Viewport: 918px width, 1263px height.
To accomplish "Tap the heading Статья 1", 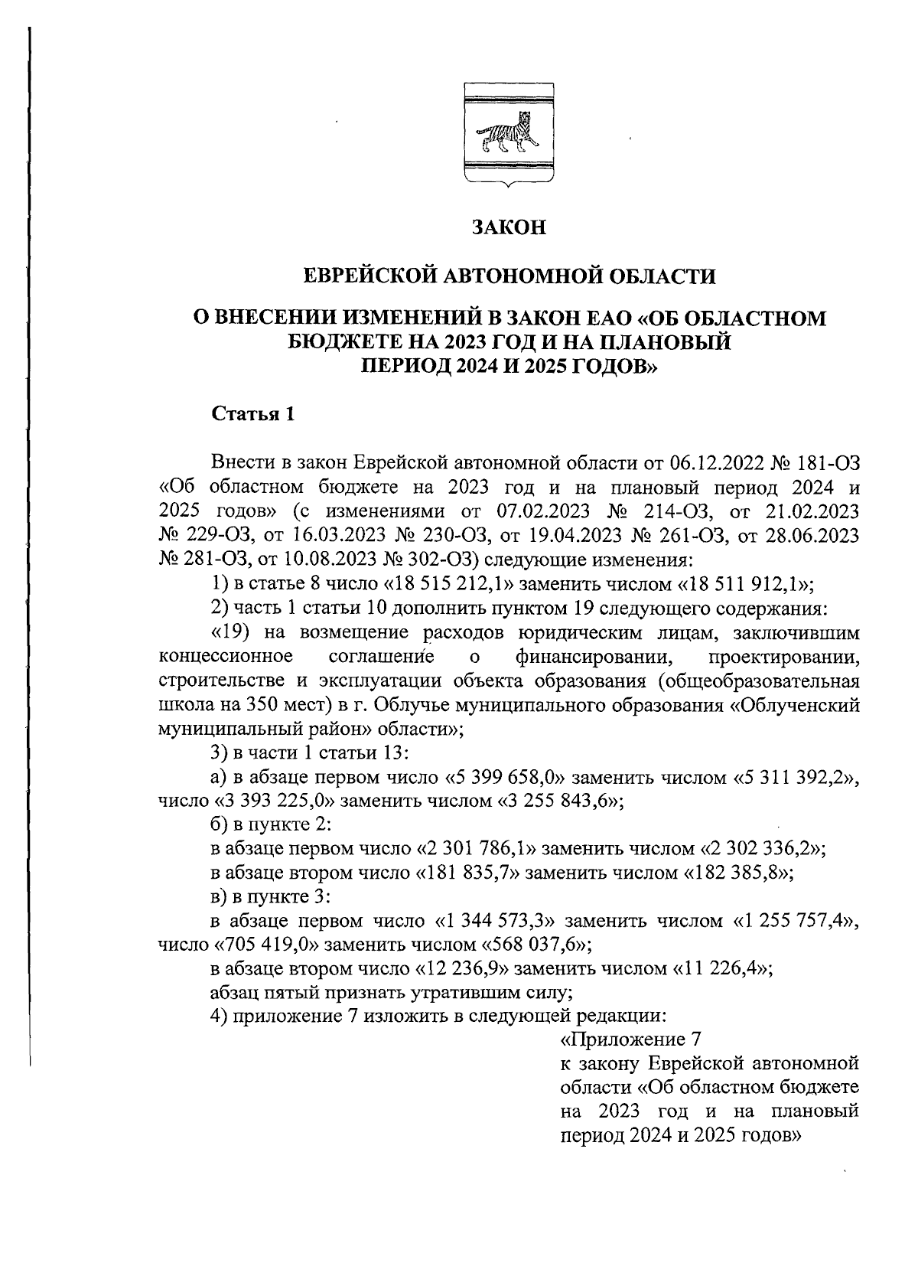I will [x=252, y=415].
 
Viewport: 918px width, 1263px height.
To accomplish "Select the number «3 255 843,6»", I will [x=559, y=801].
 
